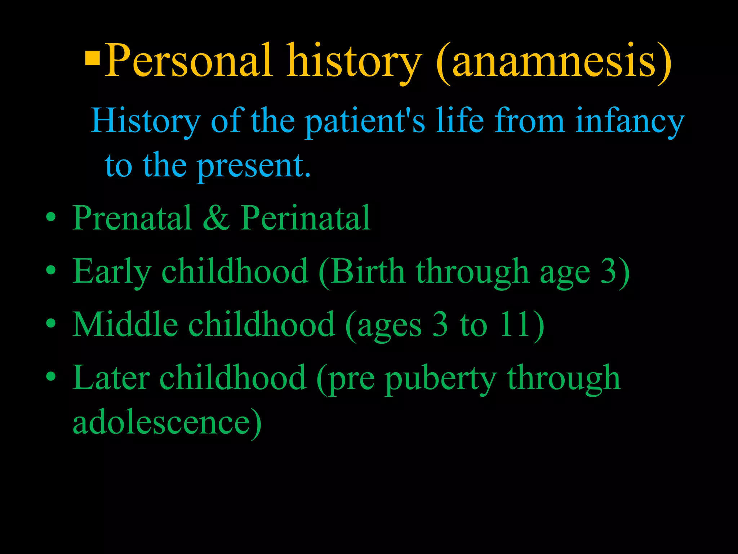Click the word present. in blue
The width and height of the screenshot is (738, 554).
(x=254, y=166)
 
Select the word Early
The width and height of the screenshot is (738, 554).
(x=112, y=271)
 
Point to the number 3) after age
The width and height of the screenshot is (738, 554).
(x=615, y=271)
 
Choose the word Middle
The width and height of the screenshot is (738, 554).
(x=125, y=324)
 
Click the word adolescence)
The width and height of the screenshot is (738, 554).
(x=167, y=422)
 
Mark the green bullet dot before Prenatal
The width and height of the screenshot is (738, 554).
(x=51, y=217)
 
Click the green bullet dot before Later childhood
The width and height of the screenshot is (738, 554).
(x=51, y=377)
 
